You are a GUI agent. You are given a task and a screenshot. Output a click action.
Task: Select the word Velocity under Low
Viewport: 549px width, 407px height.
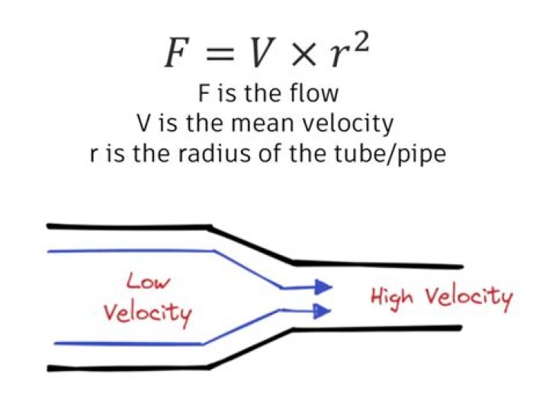(x=147, y=312)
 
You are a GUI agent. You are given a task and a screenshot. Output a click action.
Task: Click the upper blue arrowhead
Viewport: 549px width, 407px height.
(x=323, y=287)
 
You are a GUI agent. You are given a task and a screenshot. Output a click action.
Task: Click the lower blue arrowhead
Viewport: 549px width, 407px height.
(x=323, y=310)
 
